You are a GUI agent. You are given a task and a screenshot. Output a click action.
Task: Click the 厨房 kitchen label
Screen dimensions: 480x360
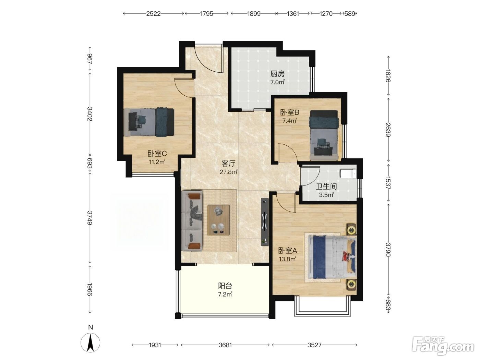(x=277, y=74)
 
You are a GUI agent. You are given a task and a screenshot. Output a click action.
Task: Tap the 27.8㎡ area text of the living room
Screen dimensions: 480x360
(x=229, y=172)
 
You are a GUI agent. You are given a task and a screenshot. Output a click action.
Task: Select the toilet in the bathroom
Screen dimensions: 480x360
(x=349, y=173)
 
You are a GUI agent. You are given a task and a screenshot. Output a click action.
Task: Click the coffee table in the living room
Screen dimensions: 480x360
(x=218, y=220)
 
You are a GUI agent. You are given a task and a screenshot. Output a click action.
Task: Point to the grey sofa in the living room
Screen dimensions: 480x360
(x=192, y=221)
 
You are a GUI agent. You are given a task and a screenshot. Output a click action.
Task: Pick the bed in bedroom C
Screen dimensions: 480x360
(x=149, y=122)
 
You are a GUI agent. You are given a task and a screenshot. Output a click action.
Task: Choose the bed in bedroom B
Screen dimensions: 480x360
(x=324, y=135)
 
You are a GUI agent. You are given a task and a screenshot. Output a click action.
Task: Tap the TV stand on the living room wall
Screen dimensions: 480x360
(x=265, y=222)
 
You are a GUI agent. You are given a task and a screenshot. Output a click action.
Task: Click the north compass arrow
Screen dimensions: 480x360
(x=90, y=343)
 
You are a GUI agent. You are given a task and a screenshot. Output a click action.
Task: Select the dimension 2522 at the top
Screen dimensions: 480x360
(x=153, y=14)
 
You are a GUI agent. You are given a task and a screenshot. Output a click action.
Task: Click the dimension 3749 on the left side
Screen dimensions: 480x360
(x=90, y=218)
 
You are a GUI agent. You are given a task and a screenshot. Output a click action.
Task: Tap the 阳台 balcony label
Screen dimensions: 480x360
(x=225, y=286)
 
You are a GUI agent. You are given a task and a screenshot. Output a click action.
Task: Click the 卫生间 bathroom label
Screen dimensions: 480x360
(x=326, y=187)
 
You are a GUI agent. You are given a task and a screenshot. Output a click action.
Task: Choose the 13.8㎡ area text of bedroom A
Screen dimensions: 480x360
(x=287, y=259)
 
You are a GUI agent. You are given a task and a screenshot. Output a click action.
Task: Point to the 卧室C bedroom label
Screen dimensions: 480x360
(x=157, y=154)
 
